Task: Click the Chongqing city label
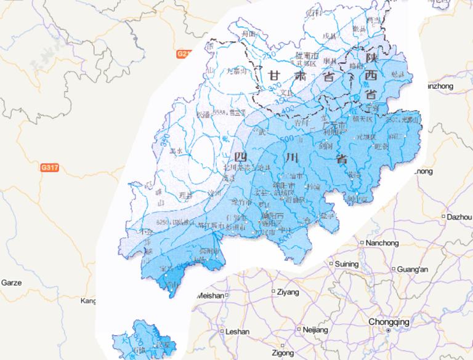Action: (388, 321)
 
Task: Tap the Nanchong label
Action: (382, 242)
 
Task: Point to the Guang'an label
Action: (413, 270)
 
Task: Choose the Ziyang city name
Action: (288, 291)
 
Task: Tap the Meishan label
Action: (209, 296)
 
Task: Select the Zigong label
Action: (283, 353)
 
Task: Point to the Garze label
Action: (11, 282)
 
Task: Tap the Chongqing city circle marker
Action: (388, 330)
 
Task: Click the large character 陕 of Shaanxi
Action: (371, 57)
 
